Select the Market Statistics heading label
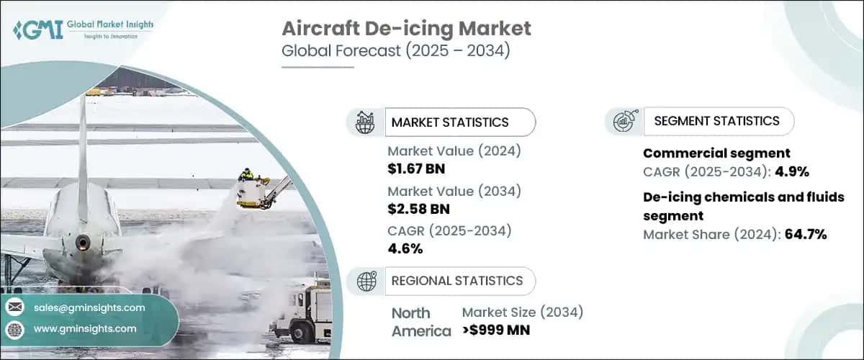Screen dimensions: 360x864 pyautogui.click(x=449, y=122)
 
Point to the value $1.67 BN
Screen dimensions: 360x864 pyautogui.click(x=418, y=168)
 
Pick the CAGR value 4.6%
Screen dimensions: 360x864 pyautogui.click(x=405, y=248)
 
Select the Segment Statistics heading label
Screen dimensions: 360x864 pyautogui.click(x=716, y=121)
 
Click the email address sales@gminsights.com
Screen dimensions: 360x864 pyautogui.click(x=89, y=307)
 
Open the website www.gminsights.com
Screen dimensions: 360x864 pyautogui.click(x=85, y=328)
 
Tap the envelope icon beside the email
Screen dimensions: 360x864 pyautogui.click(x=14, y=307)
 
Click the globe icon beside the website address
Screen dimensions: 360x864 pyautogui.click(x=14, y=329)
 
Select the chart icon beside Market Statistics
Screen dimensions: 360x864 pyautogui.click(x=366, y=122)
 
